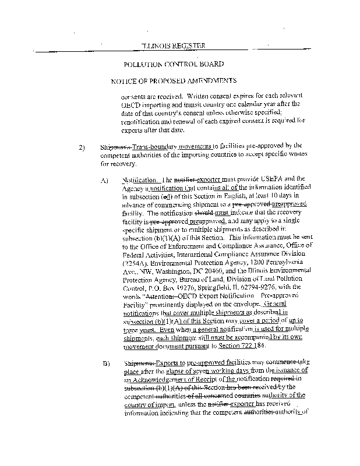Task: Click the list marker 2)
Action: [x=82, y=147]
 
